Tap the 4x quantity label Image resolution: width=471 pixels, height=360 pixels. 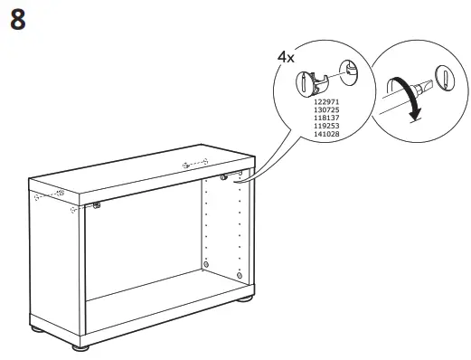coord(286,57)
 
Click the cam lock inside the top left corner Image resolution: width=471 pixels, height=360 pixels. coord(96,207)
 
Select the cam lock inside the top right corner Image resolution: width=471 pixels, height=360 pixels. coord(221,177)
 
